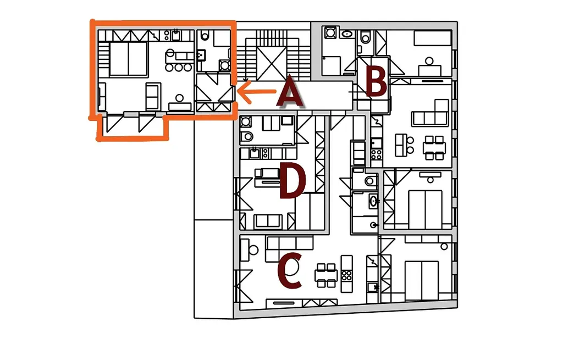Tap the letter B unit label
point(376,82)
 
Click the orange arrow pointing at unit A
point(257,92)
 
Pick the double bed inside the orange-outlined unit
point(128,59)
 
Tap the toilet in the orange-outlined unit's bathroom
point(205,36)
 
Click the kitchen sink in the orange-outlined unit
point(175,36)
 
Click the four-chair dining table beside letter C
point(326,276)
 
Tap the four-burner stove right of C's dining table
point(346,276)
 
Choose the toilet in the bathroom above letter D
point(247,136)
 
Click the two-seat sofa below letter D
point(268,221)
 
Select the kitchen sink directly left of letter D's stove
point(255,154)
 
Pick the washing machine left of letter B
point(330,32)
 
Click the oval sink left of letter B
point(347,34)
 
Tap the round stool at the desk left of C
point(253,250)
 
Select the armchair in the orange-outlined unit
point(153,96)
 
